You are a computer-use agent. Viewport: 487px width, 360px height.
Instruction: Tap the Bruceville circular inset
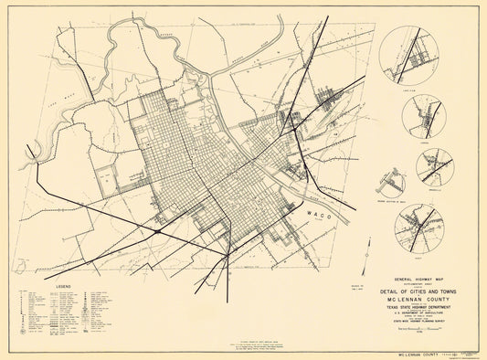point(435,167)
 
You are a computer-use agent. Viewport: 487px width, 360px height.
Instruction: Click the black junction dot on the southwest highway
point(158,232)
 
